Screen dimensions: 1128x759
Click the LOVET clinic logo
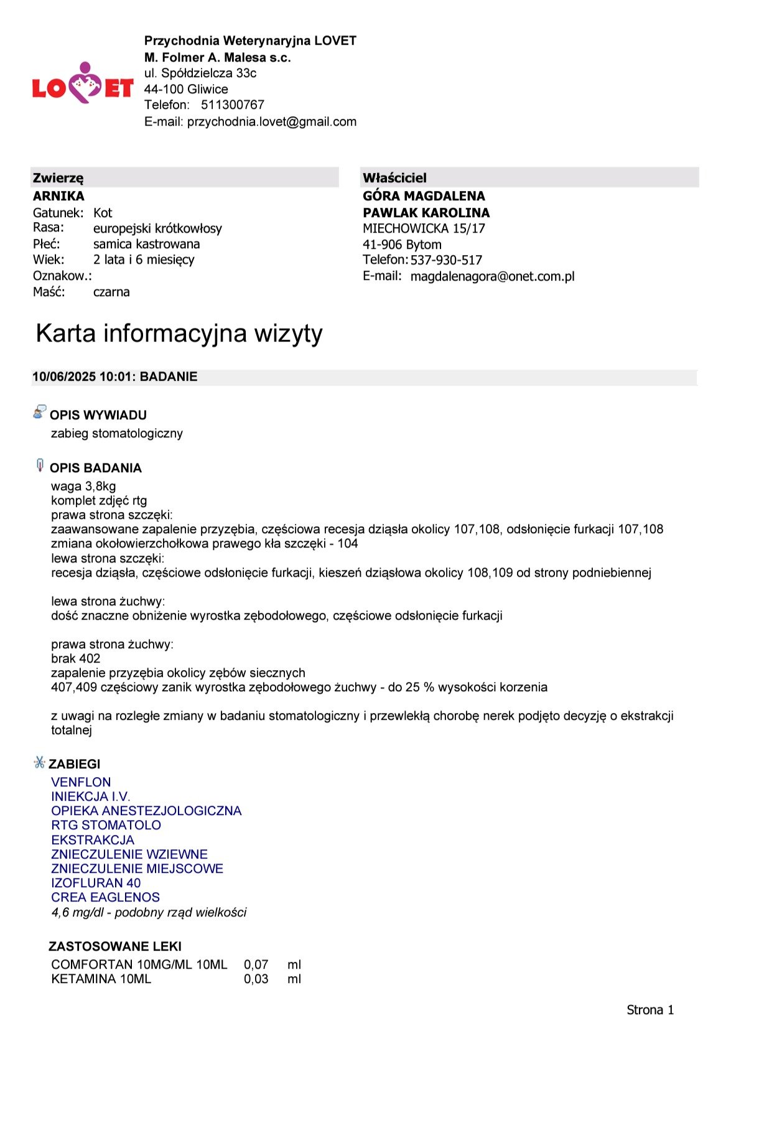pyautogui.click(x=83, y=84)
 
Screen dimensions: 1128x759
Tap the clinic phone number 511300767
pyautogui.click(x=233, y=105)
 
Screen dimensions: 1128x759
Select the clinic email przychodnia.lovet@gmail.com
pyautogui.click(x=272, y=121)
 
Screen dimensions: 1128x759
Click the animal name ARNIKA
pyautogui.click(x=58, y=196)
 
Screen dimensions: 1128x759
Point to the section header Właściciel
pyautogui.click(x=394, y=178)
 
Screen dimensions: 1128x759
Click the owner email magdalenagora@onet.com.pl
pyautogui.click(x=492, y=276)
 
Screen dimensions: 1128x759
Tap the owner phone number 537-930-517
pyautogui.click(x=446, y=260)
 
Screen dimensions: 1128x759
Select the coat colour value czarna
pyautogui.click(x=111, y=292)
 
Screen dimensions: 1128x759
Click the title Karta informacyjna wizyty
pyautogui.click(x=179, y=333)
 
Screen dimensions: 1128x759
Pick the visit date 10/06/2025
pyautogui.click(x=64, y=376)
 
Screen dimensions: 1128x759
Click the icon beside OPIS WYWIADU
pyautogui.click(x=39, y=412)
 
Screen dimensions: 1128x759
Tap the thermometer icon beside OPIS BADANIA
pyautogui.click(x=40, y=465)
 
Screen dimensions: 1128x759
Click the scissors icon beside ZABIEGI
pyautogui.click(x=40, y=762)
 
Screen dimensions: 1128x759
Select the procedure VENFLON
pyautogui.click(x=81, y=782)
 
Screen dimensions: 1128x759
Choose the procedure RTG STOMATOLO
pyautogui.click(x=106, y=825)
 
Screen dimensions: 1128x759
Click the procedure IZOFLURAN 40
pyautogui.click(x=96, y=883)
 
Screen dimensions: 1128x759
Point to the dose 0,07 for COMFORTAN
pyautogui.click(x=256, y=964)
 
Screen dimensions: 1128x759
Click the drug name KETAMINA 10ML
pyautogui.click(x=101, y=979)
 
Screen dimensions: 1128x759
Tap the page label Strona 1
pyautogui.click(x=650, y=1010)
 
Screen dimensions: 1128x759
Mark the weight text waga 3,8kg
pyautogui.click(x=83, y=486)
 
